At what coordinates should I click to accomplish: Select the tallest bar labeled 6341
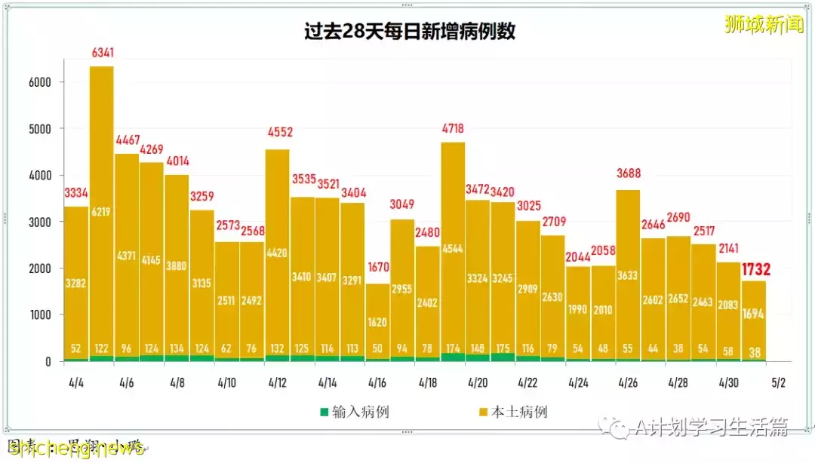click(102, 211)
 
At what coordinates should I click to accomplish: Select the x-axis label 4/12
click(278, 383)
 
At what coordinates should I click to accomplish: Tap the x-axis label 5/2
click(778, 383)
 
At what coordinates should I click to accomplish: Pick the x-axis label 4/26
click(628, 383)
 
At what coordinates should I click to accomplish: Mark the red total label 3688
click(628, 173)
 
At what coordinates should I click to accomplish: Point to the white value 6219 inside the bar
click(102, 213)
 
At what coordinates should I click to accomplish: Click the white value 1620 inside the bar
click(378, 323)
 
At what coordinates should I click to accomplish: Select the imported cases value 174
click(454, 349)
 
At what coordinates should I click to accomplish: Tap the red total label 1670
click(378, 267)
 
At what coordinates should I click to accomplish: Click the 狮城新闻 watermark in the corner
click(764, 25)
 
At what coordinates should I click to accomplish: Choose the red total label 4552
click(278, 133)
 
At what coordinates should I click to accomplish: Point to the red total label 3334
click(76, 193)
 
